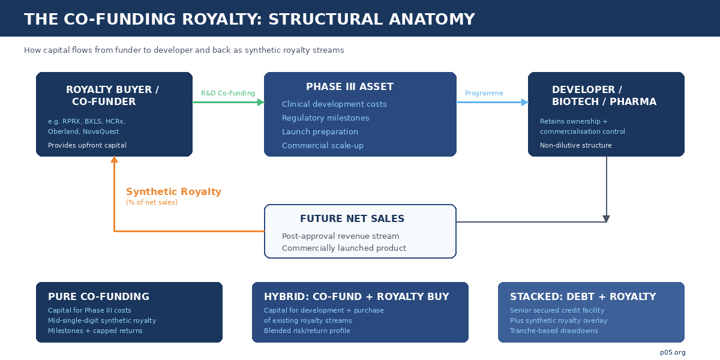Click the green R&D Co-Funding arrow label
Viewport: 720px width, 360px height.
coord(228,93)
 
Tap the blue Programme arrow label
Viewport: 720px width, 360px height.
coord(484,93)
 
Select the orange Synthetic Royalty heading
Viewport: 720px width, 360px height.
coord(173,191)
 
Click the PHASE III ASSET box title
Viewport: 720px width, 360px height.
coord(350,87)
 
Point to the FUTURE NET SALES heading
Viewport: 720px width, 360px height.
coord(352,218)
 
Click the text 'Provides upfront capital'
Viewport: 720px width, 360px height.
coord(87,145)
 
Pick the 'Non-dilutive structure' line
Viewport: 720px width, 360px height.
coord(575,145)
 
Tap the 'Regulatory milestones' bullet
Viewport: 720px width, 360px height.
coord(326,118)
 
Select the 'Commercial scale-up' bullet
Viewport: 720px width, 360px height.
coord(323,146)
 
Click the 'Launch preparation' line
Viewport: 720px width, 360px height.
coord(320,132)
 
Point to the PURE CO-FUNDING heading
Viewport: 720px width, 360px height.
coord(98,296)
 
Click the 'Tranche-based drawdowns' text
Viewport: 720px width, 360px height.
coord(554,331)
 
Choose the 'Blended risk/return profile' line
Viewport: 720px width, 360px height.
coord(307,331)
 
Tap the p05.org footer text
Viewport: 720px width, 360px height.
coord(673,353)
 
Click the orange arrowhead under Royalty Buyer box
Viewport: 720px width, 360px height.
coord(114,160)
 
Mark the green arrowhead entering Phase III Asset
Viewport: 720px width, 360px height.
coord(261,103)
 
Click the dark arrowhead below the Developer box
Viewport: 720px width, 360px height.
coord(606,219)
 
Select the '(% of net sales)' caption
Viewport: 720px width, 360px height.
coord(152,203)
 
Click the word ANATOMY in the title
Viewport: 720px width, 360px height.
coord(431,19)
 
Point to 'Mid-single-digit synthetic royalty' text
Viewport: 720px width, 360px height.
coord(102,320)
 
